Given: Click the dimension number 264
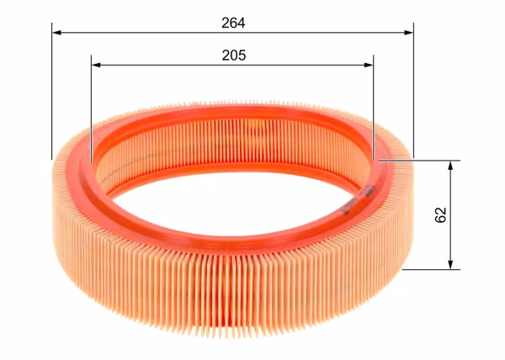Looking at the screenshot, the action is pyautogui.click(x=233, y=23).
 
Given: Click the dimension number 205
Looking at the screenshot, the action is pyautogui.click(x=234, y=56).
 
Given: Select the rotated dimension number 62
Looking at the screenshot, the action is pyautogui.click(x=440, y=214).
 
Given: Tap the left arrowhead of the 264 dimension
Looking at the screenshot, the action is pyautogui.click(x=56, y=33).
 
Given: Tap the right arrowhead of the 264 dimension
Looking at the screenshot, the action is pyautogui.click(x=409, y=33).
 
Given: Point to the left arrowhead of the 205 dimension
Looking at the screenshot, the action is pyautogui.click(x=96, y=65).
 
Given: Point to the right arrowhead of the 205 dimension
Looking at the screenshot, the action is pyautogui.click(x=369, y=65).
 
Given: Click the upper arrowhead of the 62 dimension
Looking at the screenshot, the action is pyautogui.click(x=450, y=166).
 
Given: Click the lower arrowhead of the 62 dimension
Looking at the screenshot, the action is pyautogui.click(x=450, y=264).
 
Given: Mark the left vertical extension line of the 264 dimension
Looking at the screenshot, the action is pyautogui.click(x=51, y=91).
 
